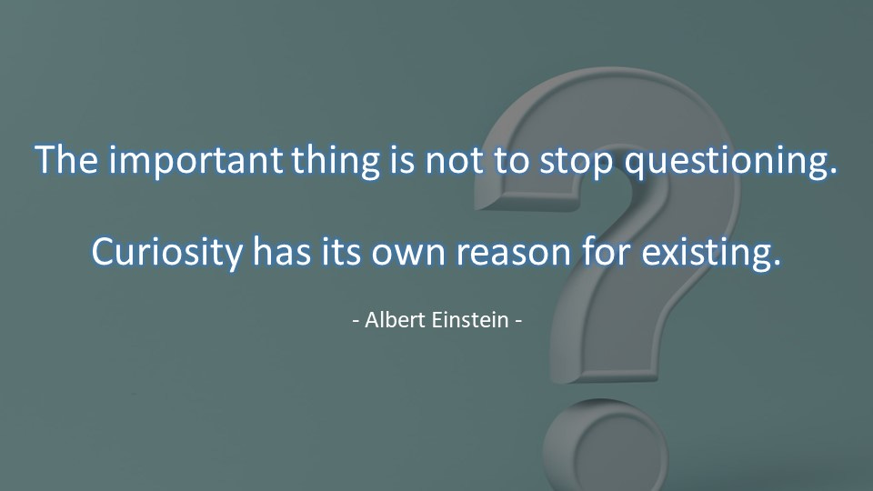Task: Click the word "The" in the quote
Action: pyautogui.click(x=68, y=160)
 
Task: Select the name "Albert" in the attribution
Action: pyautogui.click(x=392, y=321)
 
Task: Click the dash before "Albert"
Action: pyautogui.click(x=356, y=322)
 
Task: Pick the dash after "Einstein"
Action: pyautogui.click(x=518, y=322)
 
